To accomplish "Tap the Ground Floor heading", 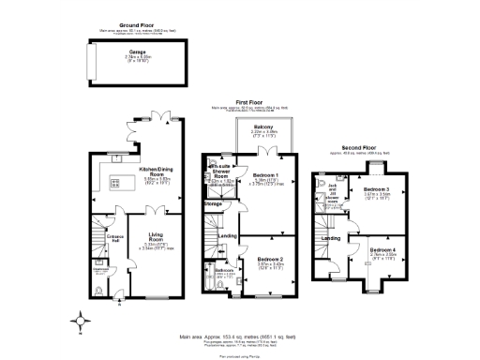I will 138,24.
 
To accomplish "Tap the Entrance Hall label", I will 114,238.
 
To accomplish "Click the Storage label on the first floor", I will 214,202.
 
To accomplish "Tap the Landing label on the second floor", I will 331,238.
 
